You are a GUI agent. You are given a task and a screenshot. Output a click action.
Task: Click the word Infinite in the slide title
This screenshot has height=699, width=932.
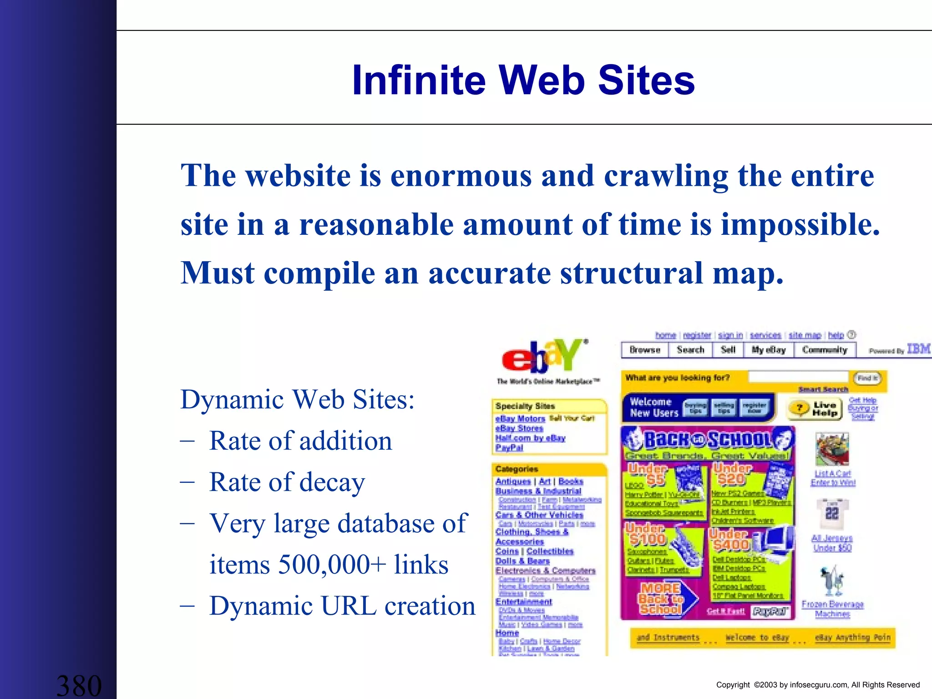(419, 80)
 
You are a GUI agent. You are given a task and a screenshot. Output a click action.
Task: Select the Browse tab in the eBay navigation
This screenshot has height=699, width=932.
(645, 350)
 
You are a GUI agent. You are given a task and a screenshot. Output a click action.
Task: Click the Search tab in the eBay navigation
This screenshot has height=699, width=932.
(690, 350)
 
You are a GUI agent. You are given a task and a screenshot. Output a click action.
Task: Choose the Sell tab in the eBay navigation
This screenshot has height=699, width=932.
(728, 350)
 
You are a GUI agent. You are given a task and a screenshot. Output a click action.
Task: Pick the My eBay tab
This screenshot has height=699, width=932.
(769, 350)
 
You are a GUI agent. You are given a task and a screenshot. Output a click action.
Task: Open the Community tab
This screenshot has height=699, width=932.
(825, 350)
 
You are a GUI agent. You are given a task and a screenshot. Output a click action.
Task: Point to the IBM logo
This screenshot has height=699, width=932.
(918, 349)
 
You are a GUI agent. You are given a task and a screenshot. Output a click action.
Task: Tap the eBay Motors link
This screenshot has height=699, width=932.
(520, 419)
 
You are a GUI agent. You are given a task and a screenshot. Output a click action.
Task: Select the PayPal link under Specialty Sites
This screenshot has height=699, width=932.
(509, 448)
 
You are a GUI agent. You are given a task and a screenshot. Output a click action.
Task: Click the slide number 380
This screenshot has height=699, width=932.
(79, 685)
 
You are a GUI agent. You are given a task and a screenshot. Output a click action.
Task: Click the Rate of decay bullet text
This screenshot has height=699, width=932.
(287, 482)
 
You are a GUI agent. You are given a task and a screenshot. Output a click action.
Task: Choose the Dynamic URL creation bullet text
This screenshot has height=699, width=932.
(342, 606)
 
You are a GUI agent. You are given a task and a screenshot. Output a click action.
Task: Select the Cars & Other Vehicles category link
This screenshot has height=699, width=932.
(539, 515)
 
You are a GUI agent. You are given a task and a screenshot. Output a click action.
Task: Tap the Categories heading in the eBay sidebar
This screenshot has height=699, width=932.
(517, 469)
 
